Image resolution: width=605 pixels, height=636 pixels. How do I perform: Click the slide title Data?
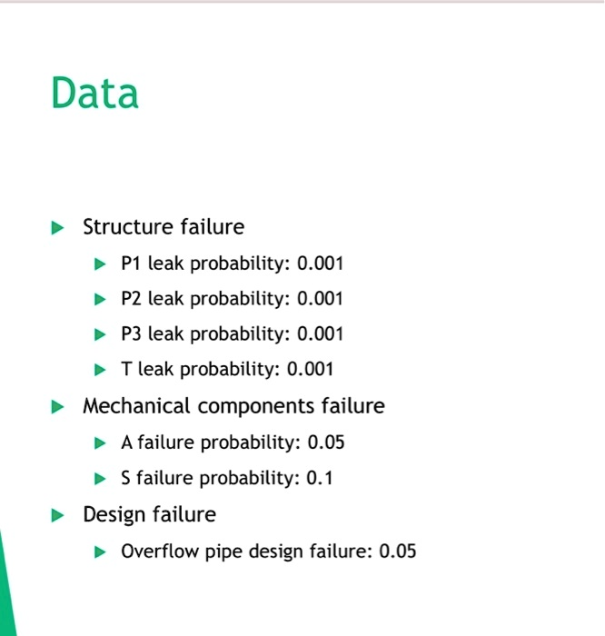click(94, 93)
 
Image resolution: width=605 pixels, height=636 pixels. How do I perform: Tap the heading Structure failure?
click(164, 226)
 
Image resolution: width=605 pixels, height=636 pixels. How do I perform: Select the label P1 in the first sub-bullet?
click(131, 263)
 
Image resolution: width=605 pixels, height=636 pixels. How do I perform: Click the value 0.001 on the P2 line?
click(320, 299)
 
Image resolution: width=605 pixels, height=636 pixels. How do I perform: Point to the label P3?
click(131, 333)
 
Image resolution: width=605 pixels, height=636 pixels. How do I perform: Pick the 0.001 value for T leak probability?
click(310, 369)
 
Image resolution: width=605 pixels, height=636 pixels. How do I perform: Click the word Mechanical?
click(136, 405)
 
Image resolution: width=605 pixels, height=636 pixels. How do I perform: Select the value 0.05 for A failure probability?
click(325, 442)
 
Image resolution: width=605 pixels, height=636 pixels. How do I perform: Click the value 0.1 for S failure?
click(320, 477)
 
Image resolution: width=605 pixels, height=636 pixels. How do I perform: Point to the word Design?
click(114, 515)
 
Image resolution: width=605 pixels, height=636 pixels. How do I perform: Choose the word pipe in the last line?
click(223, 552)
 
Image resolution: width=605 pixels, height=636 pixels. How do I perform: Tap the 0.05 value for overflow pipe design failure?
click(397, 551)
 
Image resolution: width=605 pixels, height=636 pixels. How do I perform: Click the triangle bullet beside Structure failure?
click(57, 227)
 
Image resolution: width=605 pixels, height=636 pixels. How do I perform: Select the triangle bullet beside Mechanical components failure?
click(57, 407)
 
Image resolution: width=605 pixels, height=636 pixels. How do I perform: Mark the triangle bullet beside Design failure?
click(57, 515)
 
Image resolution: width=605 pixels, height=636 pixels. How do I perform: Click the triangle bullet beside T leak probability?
click(100, 370)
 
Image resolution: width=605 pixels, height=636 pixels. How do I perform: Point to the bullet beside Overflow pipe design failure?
click(100, 552)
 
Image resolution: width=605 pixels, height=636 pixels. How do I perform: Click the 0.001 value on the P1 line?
click(320, 263)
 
